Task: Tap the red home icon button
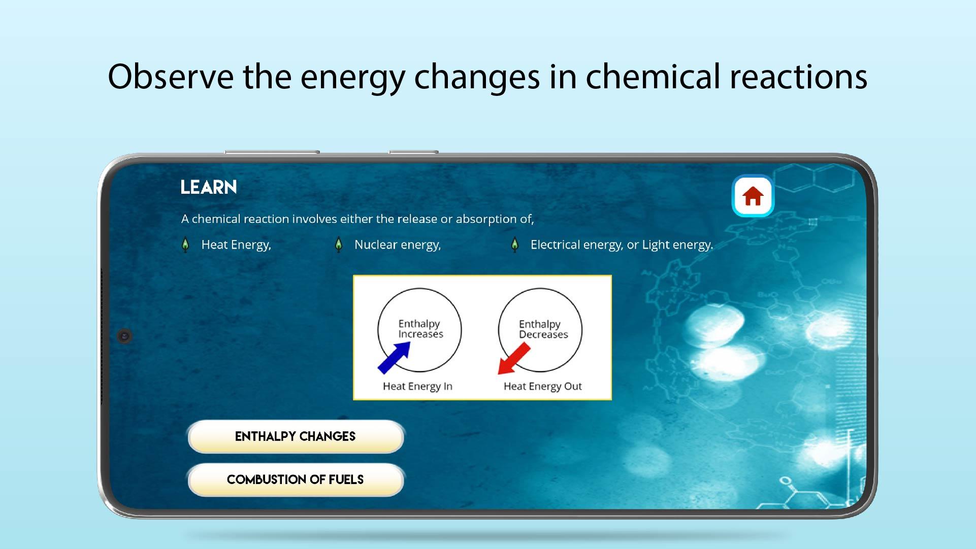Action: [x=753, y=196]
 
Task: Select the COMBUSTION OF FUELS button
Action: [x=296, y=479]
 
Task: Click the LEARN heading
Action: [x=209, y=187]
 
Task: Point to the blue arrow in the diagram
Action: [x=394, y=357]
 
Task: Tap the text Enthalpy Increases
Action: [x=420, y=329]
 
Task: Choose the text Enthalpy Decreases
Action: [x=543, y=329]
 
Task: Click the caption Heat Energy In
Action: [x=417, y=387]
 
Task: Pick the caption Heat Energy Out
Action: [x=542, y=387]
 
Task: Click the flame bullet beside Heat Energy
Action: [x=185, y=245]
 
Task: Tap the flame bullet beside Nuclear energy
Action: [x=339, y=245]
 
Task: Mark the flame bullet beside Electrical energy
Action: [x=515, y=245]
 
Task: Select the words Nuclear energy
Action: [x=398, y=245]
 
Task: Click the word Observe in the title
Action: [x=171, y=77]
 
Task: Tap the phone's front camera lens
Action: [x=124, y=336]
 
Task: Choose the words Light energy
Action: [x=677, y=245]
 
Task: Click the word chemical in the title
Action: [x=653, y=77]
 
